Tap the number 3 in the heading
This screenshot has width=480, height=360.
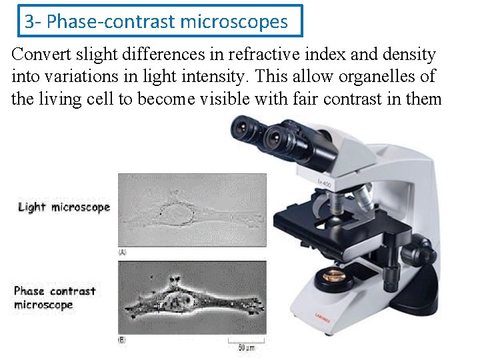(x=29, y=22)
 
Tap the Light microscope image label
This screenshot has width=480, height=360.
(x=64, y=207)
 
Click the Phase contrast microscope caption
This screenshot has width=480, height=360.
(x=55, y=298)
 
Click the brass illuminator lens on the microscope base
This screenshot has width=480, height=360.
(x=331, y=275)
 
